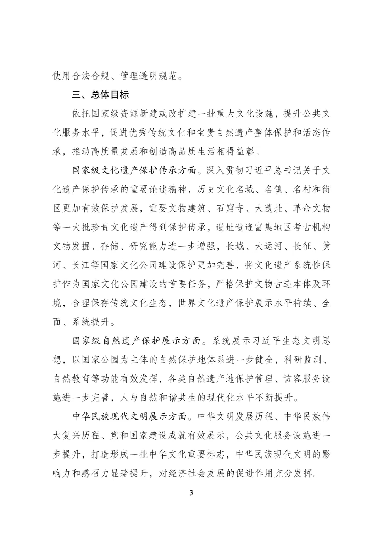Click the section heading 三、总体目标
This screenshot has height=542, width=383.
(100, 95)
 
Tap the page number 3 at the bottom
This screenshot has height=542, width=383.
(191, 493)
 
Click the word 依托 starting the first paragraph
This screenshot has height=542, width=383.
(81, 114)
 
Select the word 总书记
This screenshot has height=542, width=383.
(278, 170)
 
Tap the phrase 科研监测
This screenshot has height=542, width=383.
(302, 360)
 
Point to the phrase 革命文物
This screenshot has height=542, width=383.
(312, 208)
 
